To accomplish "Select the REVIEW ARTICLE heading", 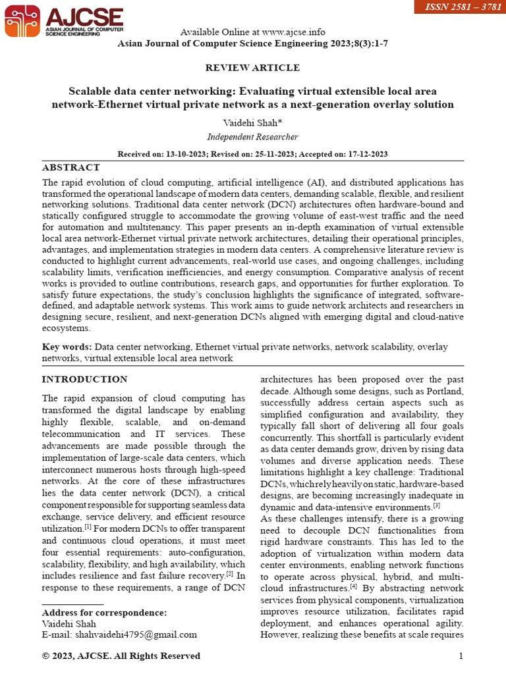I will pyautogui.click(x=252, y=68).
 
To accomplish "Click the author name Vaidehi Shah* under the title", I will pyautogui.click(x=252, y=123).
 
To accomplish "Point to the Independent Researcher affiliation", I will pyautogui.click(x=252, y=137).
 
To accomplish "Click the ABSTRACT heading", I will pyautogui.click(x=71, y=167).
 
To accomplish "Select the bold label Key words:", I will pyautogui.click(x=67, y=346).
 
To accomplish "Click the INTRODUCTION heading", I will pyautogui.click(x=84, y=379).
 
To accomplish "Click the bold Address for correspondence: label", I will pyautogui.click(x=104, y=612).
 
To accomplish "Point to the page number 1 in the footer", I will pyautogui.click(x=461, y=656).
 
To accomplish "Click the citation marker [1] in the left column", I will pyautogui.click(x=87, y=528).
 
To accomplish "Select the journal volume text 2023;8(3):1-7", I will pyautogui.click(x=349, y=43).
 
